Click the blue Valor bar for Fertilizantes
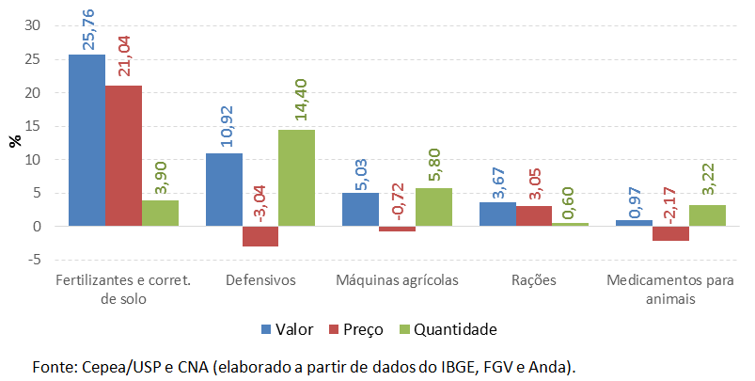pos(87,140)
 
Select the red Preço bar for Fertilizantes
pos(123,156)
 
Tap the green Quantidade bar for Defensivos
pos(296,178)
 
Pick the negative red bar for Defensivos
pos(260,236)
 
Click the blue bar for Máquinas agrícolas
pos(360,210)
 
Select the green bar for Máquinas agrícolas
pos(433,207)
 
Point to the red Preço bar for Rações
pos(534,216)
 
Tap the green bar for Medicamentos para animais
pos(707,215)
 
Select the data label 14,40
pos(296,105)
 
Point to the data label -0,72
pos(397,205)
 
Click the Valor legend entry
pos(287,329)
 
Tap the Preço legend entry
pos(356,329)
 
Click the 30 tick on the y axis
pos(35,26)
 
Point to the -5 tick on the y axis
pos(35,260)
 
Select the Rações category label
pos(534,280)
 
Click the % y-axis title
pos(14,141)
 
